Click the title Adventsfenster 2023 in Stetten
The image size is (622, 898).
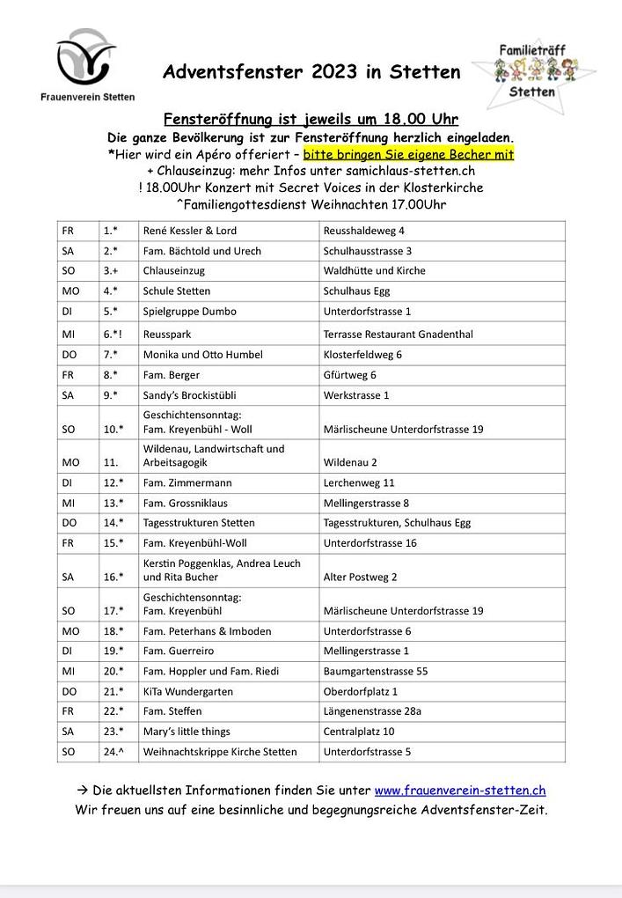click(x=311, y=72)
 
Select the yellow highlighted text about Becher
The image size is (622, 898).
click(x=408, y=154)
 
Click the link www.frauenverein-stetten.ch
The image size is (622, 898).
click(x=460, y=791)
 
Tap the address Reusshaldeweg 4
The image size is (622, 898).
click(x=363, y=231)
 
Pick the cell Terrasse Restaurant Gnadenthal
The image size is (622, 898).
click(x=398, y=334)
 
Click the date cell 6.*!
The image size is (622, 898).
click(x=113, y=334)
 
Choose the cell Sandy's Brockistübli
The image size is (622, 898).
click(x=189, y=395)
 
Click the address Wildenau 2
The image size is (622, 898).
click(x=350, y=462)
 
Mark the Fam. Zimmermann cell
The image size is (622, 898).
click(x=187, y=482)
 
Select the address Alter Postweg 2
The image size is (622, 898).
click(x=360, y=578)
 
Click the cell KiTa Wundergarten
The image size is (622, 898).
click(x=187, y=691)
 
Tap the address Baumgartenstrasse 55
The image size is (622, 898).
click(x=376, y=671)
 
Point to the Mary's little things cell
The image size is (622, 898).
click(x=187, y=732)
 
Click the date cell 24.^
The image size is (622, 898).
click(x=113, y=752)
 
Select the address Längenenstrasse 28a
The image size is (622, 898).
click(x=372, y=711)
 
